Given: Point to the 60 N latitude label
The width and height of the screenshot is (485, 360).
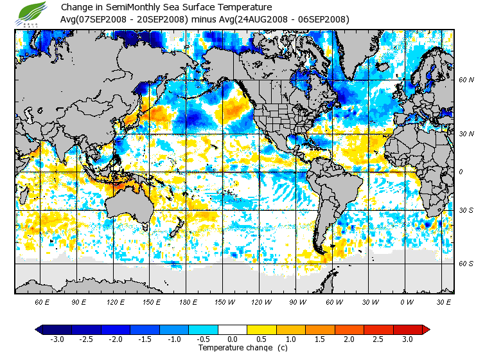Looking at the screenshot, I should click(466, 80).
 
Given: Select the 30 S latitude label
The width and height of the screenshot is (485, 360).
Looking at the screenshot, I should click(466, 210).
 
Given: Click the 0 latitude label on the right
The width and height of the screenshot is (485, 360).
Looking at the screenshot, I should click(461, 172).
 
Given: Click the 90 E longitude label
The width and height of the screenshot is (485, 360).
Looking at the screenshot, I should click(79, 301).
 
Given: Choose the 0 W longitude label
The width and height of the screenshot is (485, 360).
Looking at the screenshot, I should click(406, 301).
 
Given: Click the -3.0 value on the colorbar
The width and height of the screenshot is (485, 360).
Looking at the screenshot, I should click(57, 339).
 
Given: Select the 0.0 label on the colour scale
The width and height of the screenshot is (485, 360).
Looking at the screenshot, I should click(233, 339).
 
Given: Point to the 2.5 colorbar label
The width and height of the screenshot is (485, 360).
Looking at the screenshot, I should click(378, 339).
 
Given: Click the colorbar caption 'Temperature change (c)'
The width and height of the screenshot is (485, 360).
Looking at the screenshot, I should click(242, 348).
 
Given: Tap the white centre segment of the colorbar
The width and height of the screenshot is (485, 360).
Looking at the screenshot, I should click(233, 329).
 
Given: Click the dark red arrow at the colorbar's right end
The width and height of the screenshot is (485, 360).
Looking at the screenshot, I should click(425, 329).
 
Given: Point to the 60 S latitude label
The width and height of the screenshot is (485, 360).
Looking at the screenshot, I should click(466, 264).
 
